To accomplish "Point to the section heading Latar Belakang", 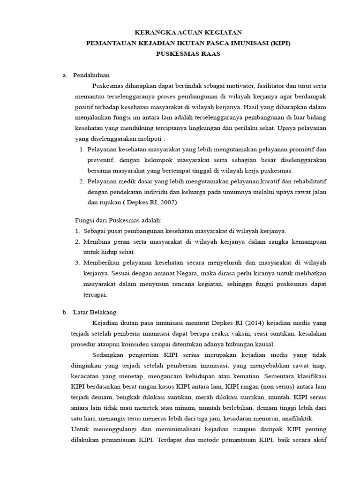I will pyautogui.click(x=95, y=312).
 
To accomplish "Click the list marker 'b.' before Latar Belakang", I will pyautogui.click(x=65, y=312).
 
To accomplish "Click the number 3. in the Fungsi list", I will pyautogui.click(x=78, y=262).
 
